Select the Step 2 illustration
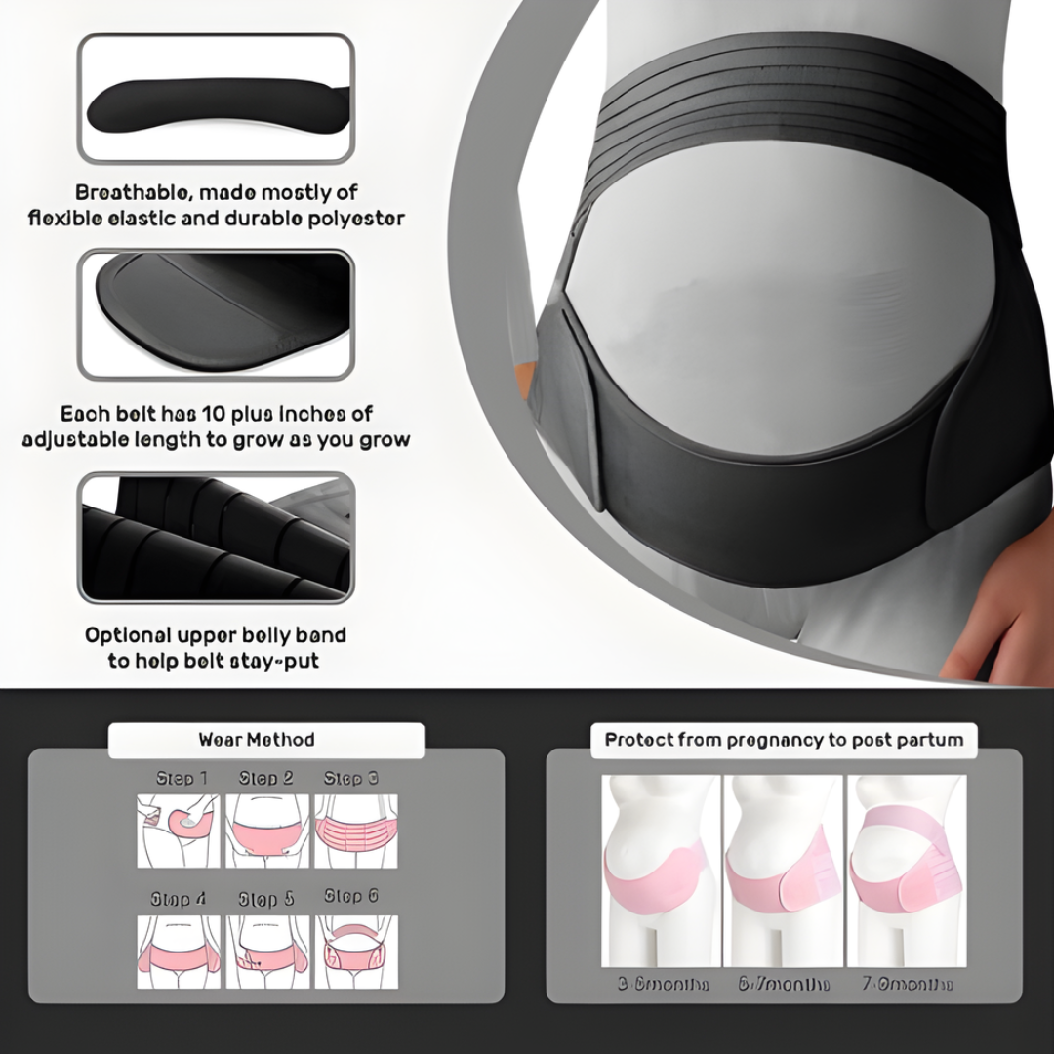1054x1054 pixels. click(x=266, y=830)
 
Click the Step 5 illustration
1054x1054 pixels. click(x=266, y=951)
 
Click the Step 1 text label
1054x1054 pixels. click(x=182, y=779)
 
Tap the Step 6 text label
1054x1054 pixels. click(x=351, y=896)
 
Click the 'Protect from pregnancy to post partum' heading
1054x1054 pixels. click(x=784, y=740)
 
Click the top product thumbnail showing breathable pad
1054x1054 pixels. click(x=216, y=98)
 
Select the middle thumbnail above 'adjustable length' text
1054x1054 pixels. click(x=216, y=314)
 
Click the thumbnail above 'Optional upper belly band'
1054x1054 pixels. click(x=216, y=538)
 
